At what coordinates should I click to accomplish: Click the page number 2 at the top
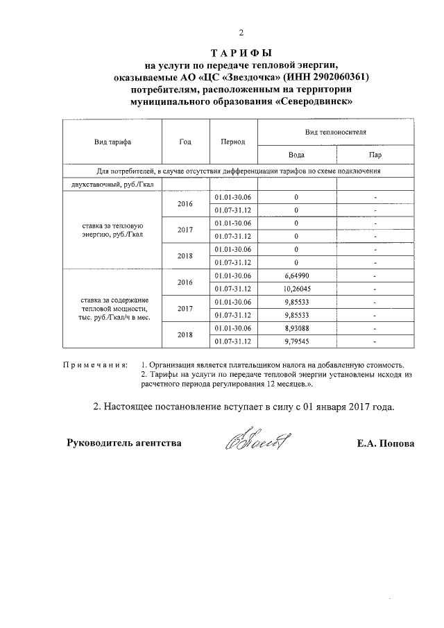click(241, 32)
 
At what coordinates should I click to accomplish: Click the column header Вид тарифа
click(112, 142)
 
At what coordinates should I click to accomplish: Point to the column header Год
click(185, 142)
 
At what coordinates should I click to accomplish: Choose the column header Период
click(233, 142)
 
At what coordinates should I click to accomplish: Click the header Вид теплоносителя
click(336, 130)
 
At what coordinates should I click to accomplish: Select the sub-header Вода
click(296, 155)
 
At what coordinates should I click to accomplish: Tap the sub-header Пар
click(375, 155)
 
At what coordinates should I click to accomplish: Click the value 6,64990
click(296, 276)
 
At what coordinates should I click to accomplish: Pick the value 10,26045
click(296, 289)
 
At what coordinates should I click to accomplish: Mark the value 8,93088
click(296, 328)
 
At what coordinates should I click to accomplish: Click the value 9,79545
click(296, 341)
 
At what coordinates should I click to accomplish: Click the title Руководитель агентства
click(124, 443)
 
